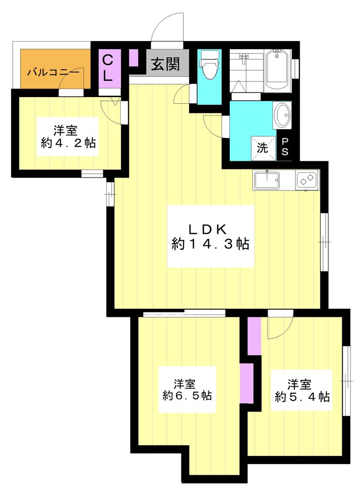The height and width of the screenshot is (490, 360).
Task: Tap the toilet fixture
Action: click(209, 65)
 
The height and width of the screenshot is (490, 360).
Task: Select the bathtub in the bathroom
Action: click(277, 71)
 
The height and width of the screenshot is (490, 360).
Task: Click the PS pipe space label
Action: click(285, 147)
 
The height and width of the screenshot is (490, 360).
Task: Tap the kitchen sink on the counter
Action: click(267, 180)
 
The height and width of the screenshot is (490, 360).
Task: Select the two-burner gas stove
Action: click(307, 179)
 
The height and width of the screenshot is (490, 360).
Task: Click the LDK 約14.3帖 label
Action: click(210, 237)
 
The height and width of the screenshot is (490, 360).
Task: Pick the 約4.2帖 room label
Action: click(68, 137)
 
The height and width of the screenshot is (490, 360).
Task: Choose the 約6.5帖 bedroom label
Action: click(187, 390)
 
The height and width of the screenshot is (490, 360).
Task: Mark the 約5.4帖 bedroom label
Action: click(302, 390)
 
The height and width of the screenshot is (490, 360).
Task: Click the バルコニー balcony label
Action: click(53, 73)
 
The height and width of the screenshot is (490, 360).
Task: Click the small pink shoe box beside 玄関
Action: click(134, 58)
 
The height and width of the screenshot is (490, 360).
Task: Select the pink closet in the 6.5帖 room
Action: click(246, 383)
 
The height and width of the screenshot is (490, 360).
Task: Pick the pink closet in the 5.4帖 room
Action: click(254, 335)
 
